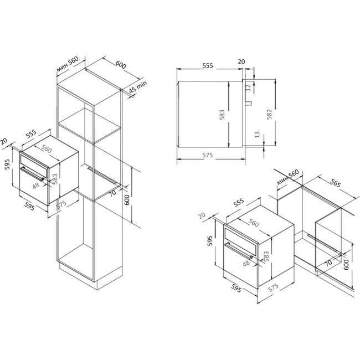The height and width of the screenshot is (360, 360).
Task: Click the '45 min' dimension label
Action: (x=137, y=87)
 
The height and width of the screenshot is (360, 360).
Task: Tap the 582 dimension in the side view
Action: (x=270, y=114)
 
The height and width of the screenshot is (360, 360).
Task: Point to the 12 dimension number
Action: (x=248, y=88)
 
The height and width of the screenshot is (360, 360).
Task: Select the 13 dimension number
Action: (x=258, y=135)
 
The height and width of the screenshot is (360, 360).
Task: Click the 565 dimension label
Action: (x=336, y=183)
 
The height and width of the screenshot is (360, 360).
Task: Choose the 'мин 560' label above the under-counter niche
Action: (x=288, y=177)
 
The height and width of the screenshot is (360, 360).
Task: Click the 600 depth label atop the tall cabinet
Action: (x=121, y=64)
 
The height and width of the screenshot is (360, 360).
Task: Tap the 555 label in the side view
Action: (x=208, y=66)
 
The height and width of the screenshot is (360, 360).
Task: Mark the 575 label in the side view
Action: (x=208, y=155)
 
